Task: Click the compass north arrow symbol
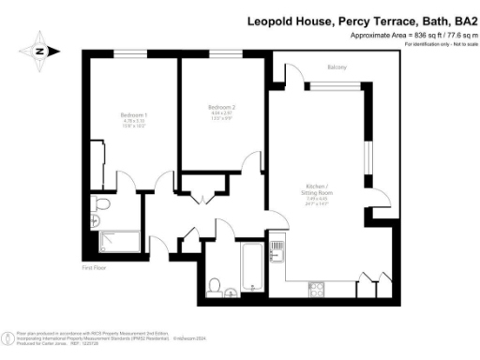coord(40,51)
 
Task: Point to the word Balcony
coord(337,67)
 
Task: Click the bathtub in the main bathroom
coord(252,266)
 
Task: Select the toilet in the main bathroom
coord(216,284)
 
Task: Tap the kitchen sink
coord(277,250)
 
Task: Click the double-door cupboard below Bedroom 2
coord(204,195)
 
